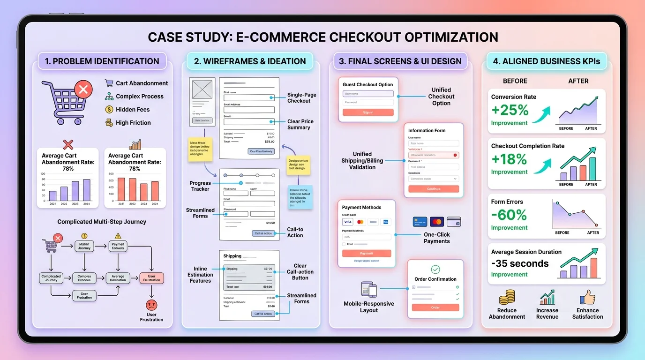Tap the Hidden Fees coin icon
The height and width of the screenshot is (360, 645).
point(109,109)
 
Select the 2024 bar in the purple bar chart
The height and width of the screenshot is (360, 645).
point(87,189)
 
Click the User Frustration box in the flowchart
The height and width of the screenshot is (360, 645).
point(151,278)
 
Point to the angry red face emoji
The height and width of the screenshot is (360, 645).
point(151,305)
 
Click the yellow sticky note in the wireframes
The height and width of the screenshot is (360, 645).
point(200,150)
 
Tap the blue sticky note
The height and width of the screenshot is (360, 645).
point(300,197)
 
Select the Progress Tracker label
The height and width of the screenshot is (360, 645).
point(200,186)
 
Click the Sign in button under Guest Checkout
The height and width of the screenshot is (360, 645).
point(368,112)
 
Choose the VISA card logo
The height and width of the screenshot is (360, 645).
point(348,222)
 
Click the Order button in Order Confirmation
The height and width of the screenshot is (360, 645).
point(435,307)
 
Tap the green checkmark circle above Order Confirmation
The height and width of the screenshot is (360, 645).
point(435,269)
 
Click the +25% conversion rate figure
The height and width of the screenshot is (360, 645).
point(510,110)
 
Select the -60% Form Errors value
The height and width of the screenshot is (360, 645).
point(509,215)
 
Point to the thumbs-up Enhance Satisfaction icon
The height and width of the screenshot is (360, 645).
point(587,298)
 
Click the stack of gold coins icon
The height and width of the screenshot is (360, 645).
point(507,298)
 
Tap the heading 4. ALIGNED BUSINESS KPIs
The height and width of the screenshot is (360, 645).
point(546,61)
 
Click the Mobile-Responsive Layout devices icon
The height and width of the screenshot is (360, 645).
point(369,290)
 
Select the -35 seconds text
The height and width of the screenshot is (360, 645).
point(520,263)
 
